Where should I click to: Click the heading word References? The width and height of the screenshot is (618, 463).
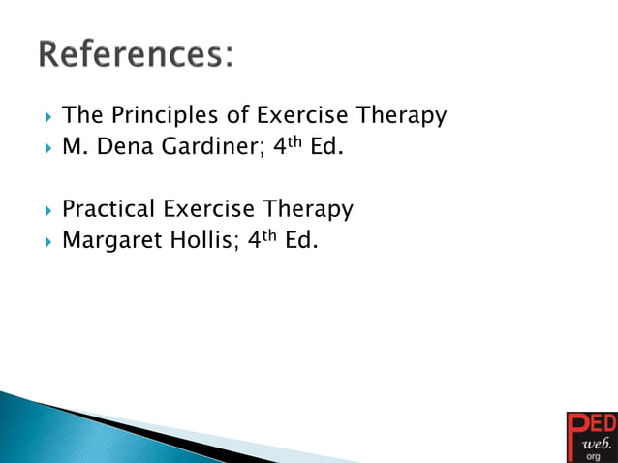136,54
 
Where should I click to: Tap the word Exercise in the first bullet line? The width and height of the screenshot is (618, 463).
303,116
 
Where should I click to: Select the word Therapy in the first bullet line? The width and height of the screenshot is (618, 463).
402,116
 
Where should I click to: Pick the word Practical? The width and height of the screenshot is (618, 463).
108,209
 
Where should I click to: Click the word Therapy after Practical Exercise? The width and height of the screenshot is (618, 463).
307,209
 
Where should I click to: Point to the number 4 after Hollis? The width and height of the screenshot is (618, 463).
255,240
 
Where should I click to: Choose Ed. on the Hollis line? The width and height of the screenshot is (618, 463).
303,240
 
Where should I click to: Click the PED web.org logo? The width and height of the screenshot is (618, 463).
590,436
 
